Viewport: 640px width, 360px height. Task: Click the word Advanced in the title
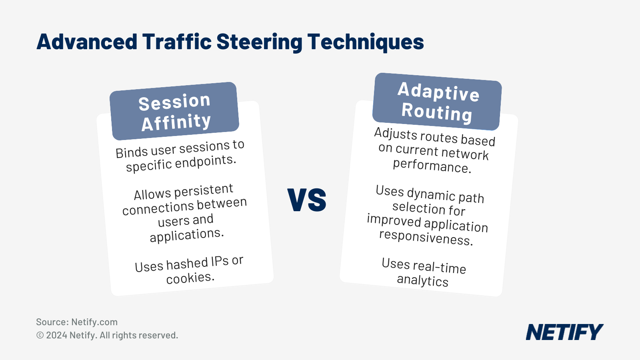tap(87, 42)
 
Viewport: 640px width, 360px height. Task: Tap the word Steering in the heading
tap(260, 42)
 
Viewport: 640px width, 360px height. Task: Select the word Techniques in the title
tap(366, 42)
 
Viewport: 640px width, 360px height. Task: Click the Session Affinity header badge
tap(174, 111)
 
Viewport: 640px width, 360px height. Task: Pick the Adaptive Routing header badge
tap(437, 102)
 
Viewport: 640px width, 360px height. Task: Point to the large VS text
tap(307, 200)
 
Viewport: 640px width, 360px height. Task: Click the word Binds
tap(132, 152)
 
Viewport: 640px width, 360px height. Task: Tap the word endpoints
tap(206, 162)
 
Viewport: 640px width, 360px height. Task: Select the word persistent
tap(204, 191)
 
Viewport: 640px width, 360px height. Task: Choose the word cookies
tap(190, 278)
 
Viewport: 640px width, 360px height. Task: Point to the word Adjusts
tap(396, 134)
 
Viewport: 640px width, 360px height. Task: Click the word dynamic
tap(431, 194)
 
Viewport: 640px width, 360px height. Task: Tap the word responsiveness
tap(426, 238)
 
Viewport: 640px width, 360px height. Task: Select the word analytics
tap(422, 280)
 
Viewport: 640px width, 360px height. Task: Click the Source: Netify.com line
tap(77, 322)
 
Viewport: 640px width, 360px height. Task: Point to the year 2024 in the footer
tap(56, 335)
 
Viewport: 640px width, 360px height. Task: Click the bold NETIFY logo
tap(564, 332)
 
